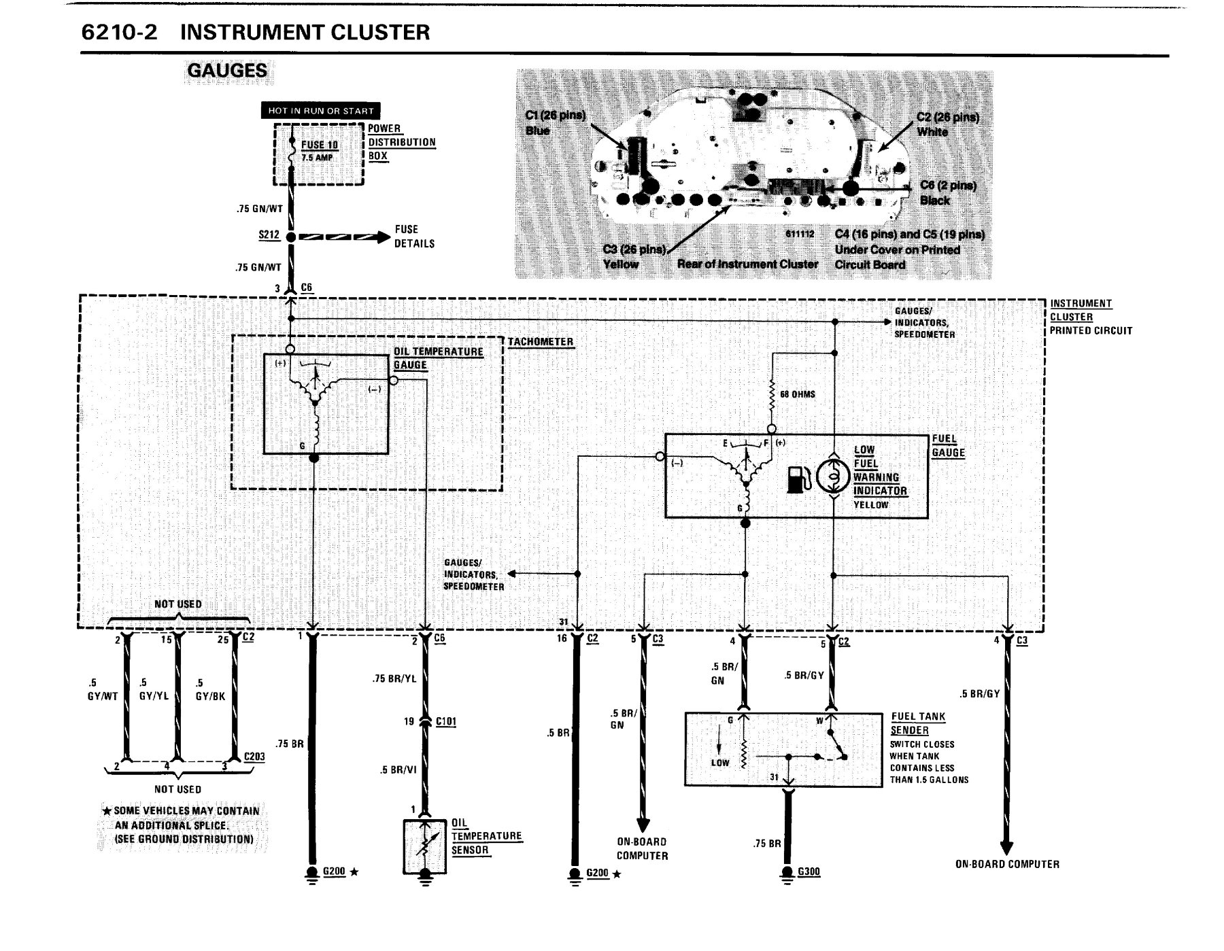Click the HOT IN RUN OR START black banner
coord(321,111)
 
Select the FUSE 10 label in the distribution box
coord(320,145)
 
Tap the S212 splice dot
coord(290,237)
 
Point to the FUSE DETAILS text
coord(414,237)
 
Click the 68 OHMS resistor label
coord(798,394)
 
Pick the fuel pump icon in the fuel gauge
coord(798,478)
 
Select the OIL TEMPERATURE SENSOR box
coord(425,847)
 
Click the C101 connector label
coord(445,721)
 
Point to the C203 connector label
coord(254,757)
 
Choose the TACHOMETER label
coord(541,342)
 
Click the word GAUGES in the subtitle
coord(227,71)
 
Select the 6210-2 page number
coord(119,32)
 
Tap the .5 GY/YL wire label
coord(154,689)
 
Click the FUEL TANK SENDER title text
coord(918,723)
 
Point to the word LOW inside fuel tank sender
coord(720,763)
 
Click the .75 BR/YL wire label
coord(394,678)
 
